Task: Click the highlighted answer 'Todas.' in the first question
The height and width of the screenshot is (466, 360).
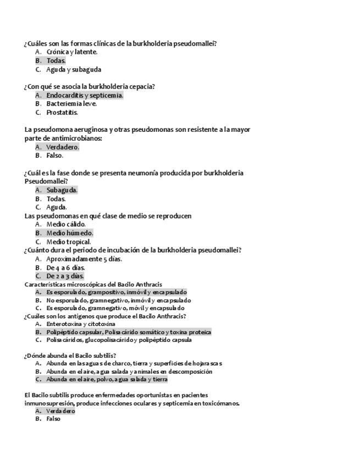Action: pyautogui.click(x=56, y=60)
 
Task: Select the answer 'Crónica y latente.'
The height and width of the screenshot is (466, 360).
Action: pyautogui.click(x=71, y=52)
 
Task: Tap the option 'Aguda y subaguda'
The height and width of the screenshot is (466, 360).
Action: pyautogui.click(x=73, y=69)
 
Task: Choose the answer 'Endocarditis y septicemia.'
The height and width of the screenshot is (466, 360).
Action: pyautogui.click(x=84, y=95)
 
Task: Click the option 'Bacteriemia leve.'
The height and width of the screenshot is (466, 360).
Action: pyautogui.click(x=71, y=103)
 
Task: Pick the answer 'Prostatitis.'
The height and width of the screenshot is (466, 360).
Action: pyautogui.click(x=62, y=112)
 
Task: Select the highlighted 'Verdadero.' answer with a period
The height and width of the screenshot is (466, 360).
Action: pyautogui.click(x=63, y=147)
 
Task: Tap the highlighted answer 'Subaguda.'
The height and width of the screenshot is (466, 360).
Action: pyautogui.click(x=62, y=190)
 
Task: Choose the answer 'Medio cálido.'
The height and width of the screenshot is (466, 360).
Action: pyautogui.click(x=66, y=224)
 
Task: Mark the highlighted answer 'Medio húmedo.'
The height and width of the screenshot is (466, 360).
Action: pyautogui.click(x=69, y=233)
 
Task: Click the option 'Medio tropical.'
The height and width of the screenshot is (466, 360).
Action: pyautogui.click(x=69, y=241)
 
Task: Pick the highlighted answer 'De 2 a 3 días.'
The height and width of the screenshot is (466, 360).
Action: pyautogui.click(x=65, y=276)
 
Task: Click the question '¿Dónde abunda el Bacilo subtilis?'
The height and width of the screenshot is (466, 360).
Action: pyautogui.click(x=70, y=355)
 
